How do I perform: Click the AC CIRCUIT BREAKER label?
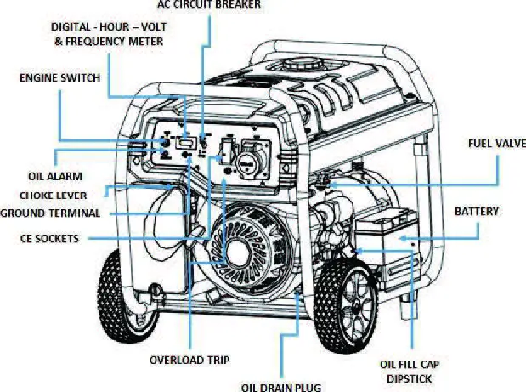209,5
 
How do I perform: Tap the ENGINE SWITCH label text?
59,77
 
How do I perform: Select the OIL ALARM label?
54,177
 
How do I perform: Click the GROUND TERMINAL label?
50,213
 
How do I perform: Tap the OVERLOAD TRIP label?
189,360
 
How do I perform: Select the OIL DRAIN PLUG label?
281,387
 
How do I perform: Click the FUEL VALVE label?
496,143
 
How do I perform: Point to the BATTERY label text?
477,211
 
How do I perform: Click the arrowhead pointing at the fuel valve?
332,183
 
